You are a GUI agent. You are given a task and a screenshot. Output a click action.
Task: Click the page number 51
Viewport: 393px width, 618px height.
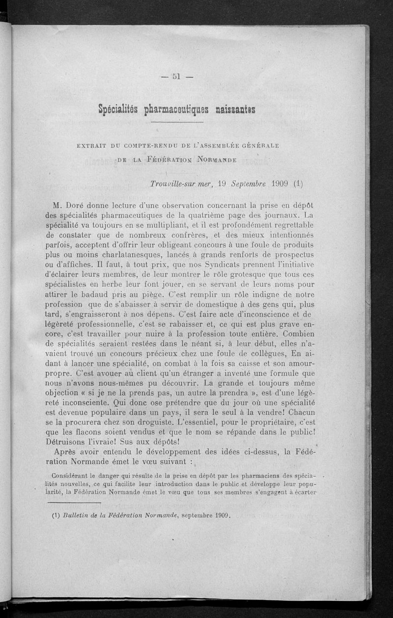(177, 76)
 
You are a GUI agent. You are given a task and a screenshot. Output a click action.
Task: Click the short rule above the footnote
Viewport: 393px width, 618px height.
(75, 503)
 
